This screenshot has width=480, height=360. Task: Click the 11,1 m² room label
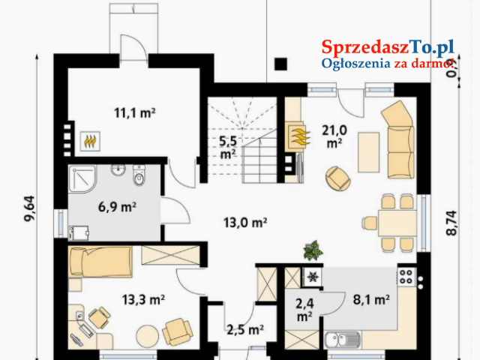[135, 113]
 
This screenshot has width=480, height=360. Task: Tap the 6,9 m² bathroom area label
[117, 207]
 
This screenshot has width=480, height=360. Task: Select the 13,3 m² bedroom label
[143, 300]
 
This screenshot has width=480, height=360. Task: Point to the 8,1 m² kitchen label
[371, 300]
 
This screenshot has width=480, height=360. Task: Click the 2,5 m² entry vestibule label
[245, 330]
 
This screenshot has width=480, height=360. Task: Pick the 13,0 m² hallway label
[245, 223]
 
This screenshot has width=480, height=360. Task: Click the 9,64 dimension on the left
[30, 208]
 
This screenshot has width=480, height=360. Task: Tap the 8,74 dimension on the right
[451, 223]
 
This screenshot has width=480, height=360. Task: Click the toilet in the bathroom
[139, 175]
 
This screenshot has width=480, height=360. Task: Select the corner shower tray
[82, 179]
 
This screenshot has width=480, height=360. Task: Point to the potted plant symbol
[313, 250]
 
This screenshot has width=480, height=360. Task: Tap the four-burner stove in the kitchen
[406, 277]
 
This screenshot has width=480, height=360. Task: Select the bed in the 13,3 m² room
[100, 262]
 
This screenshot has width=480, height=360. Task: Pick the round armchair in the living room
[338, 178]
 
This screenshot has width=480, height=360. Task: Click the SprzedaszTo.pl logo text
[388, 48]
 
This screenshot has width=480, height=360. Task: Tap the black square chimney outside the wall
[280, 64]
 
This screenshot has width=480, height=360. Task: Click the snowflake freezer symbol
[313, 277]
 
